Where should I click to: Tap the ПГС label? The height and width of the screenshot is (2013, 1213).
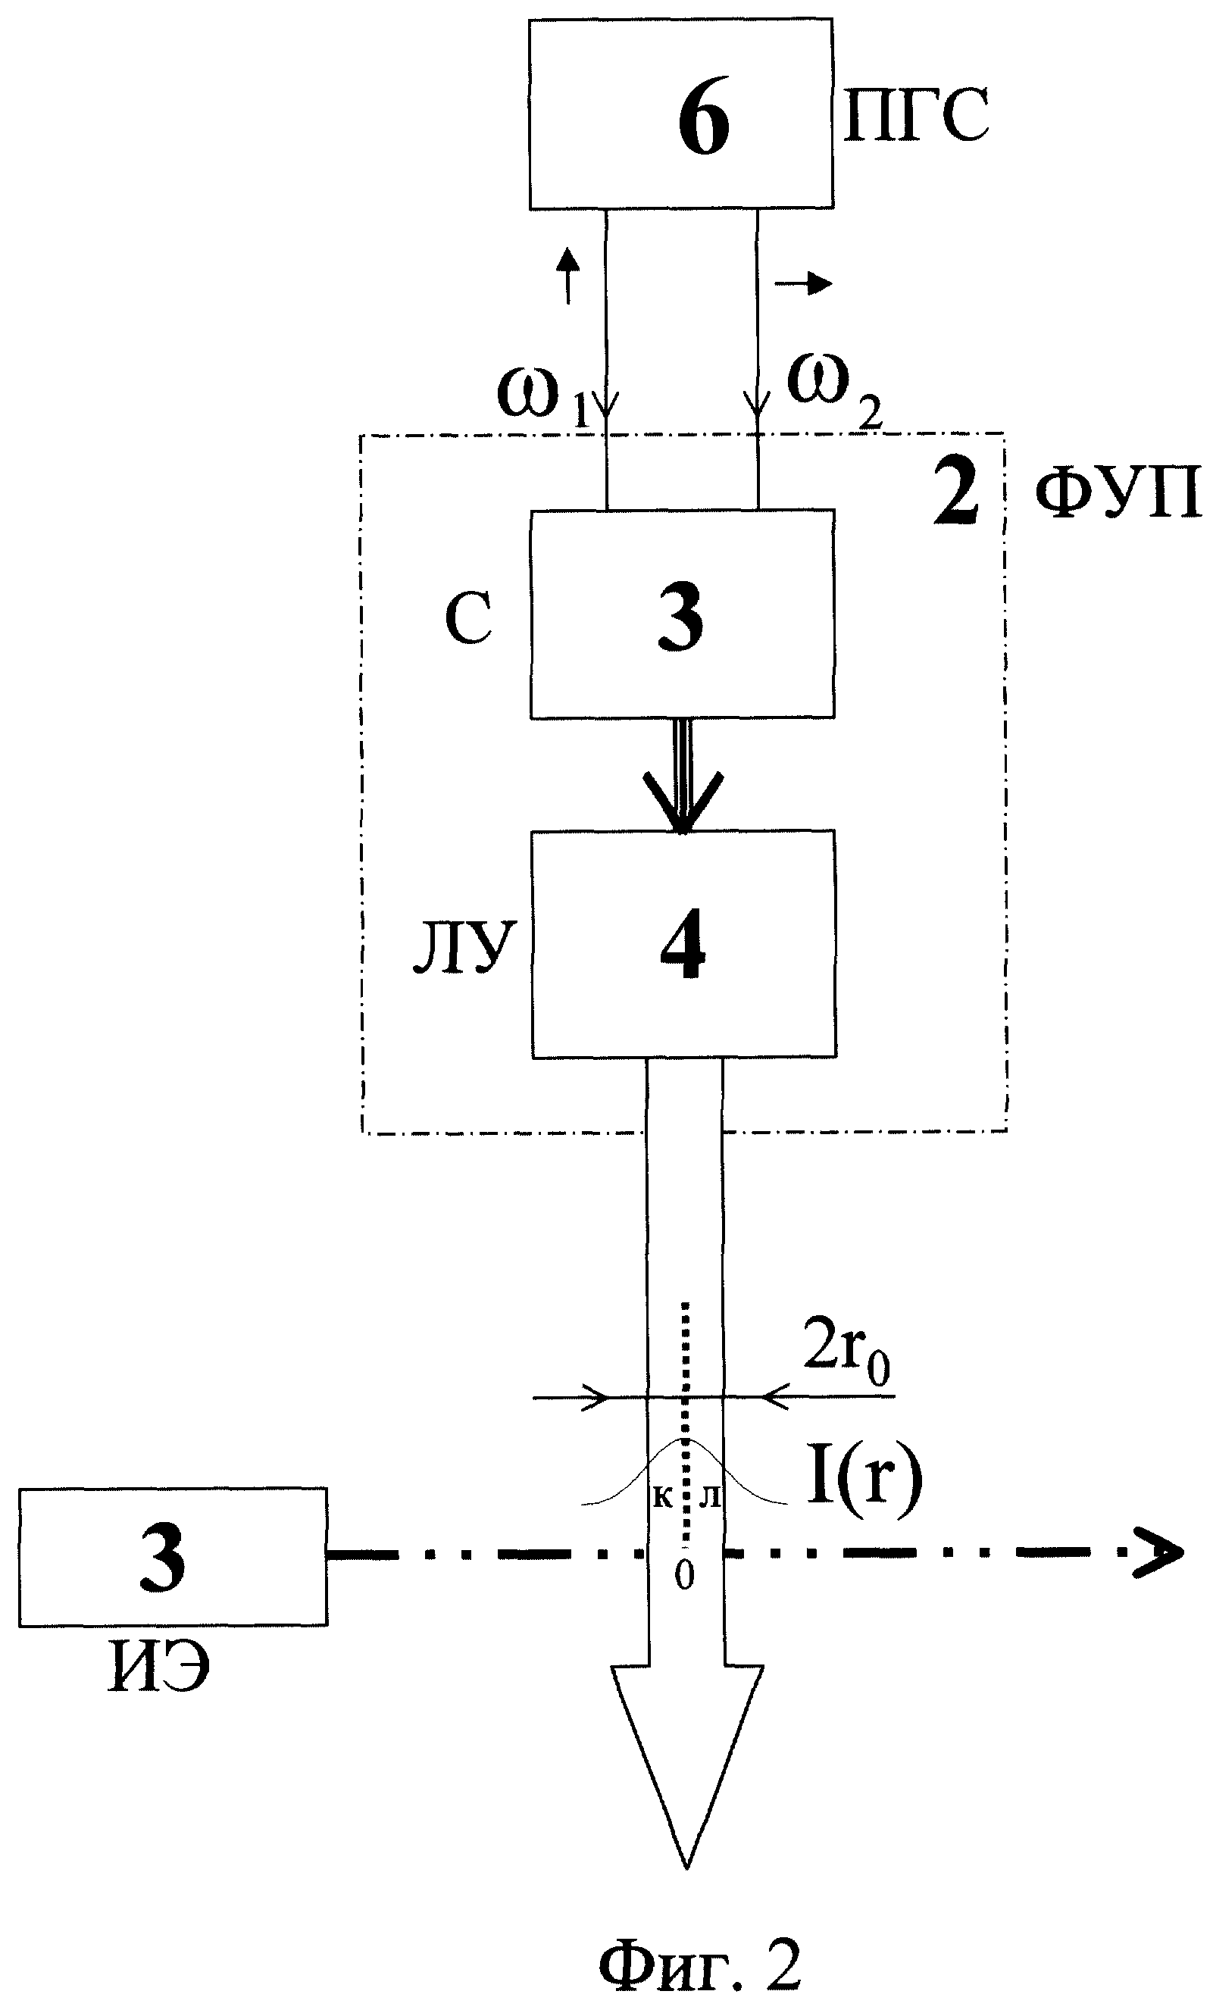(x=917, y=115)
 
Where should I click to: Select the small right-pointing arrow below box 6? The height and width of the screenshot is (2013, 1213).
(x=804, y=283)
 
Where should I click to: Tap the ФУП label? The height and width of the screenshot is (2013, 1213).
(x=1118, y=495)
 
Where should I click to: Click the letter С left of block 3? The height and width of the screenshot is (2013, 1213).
(x=468, y=618)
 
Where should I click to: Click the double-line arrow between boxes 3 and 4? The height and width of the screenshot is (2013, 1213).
(x=683, y=775)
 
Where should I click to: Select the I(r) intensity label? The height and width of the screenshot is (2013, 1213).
(x=864, y=1480)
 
